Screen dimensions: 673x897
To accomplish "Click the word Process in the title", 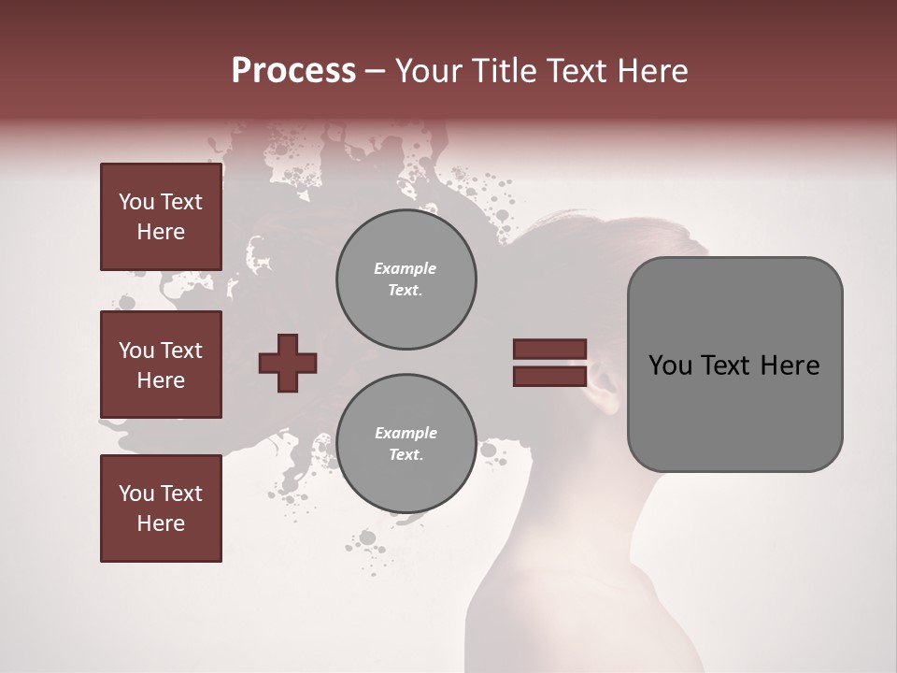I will point(293,71).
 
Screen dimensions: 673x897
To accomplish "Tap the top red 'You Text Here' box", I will point(161,217).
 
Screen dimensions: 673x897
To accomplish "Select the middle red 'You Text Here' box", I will point(161,365).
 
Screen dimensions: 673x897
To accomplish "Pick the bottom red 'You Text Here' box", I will point(161,508).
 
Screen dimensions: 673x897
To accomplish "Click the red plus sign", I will point(288,363).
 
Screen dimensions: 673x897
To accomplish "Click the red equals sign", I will point(549,363).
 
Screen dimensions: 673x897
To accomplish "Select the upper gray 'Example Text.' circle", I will point(406,279).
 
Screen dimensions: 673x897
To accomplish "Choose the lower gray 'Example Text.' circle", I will point(406,444).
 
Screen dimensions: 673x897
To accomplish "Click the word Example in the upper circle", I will point(406,268).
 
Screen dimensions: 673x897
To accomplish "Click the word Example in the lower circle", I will point(406,433).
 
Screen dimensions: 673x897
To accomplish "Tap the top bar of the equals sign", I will point(549,349).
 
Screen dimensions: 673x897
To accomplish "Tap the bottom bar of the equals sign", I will point(549,376).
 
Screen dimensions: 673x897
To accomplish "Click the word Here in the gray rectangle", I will point(790,365).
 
